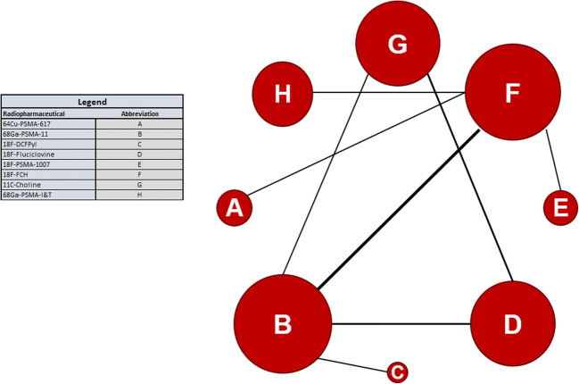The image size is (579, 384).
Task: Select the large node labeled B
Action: tap(282, 323)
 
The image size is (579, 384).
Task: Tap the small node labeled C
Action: tap(397, 371)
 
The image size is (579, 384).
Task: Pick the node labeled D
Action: tap(512, 323)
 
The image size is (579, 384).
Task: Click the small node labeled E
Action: tap(560, 208)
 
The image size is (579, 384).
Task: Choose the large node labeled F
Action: tap(512, 92)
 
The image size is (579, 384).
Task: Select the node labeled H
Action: tap(282, 93)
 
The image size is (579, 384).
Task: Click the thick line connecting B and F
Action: tap(397, 208)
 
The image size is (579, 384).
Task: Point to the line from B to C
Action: tap(352, 364)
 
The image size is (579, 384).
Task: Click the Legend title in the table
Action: tap(92, 102)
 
